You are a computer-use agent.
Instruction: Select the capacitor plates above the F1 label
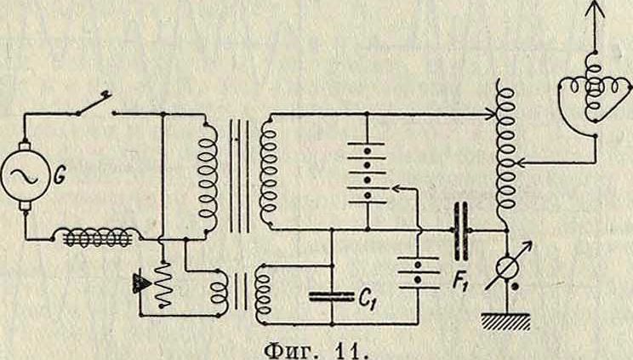[461, 229]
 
